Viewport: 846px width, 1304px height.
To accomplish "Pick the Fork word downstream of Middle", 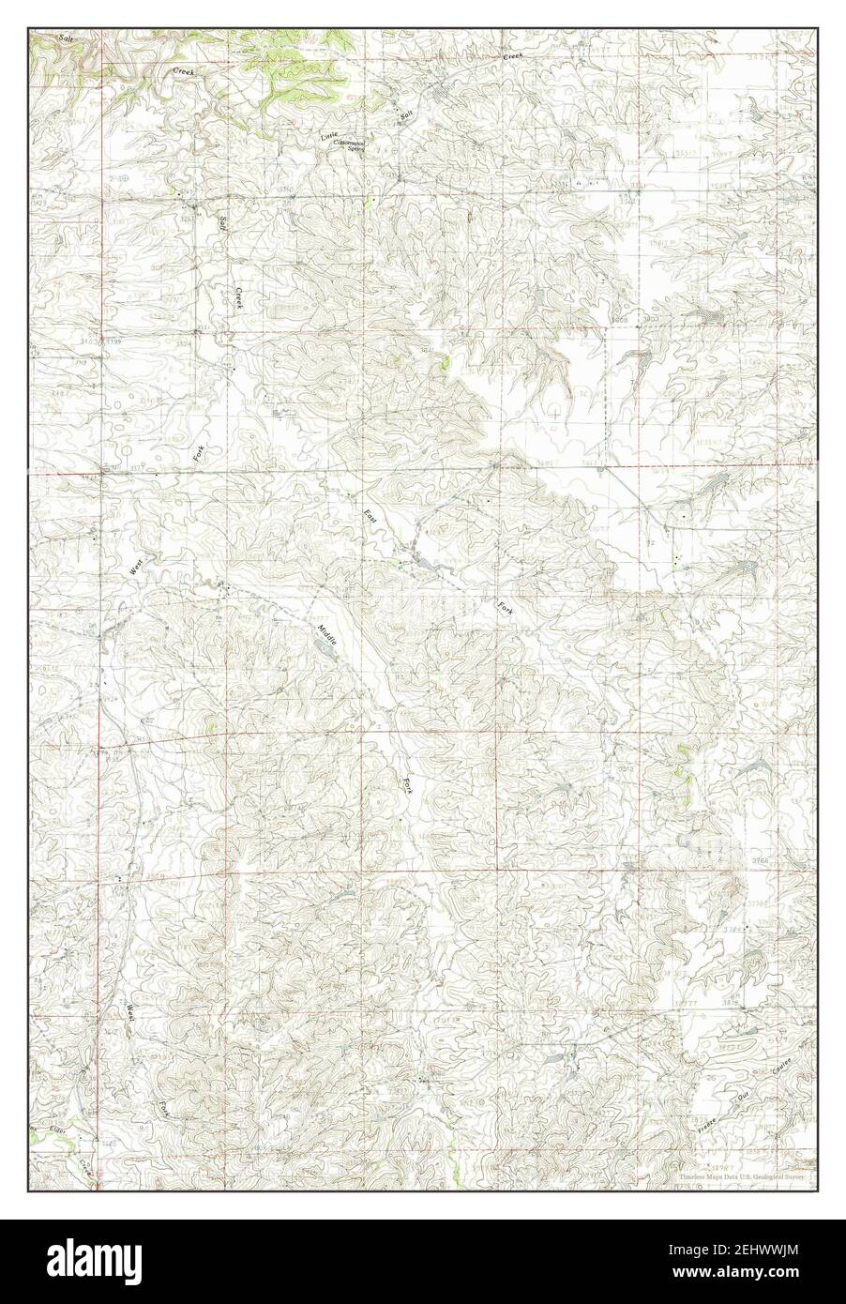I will [x=407, y=781].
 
